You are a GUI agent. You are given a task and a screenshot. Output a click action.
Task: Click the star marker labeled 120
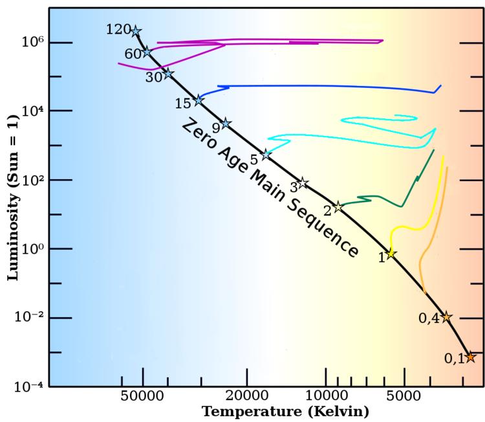coord(136,31)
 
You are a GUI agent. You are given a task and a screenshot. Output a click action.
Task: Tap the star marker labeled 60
coord(147,52)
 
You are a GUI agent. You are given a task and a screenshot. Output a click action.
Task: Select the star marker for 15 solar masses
coord(199,100)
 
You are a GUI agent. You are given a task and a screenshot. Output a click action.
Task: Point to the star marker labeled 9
coord(226,124)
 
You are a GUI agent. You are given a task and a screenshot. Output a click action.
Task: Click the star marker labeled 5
coord(266,155)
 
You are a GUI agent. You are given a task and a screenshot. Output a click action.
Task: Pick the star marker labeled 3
coord(302,183)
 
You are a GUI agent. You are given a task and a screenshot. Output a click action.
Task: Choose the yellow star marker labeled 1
coord(391,254)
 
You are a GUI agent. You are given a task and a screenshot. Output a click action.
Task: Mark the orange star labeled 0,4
coord(446,316)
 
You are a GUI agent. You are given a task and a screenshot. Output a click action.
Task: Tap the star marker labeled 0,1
coord(470,357)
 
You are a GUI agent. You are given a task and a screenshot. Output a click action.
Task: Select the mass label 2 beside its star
coord(327,210)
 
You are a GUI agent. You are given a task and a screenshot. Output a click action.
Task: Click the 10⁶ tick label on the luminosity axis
coord(32,42)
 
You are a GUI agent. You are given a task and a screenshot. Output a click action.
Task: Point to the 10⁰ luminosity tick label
coord(32,249)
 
